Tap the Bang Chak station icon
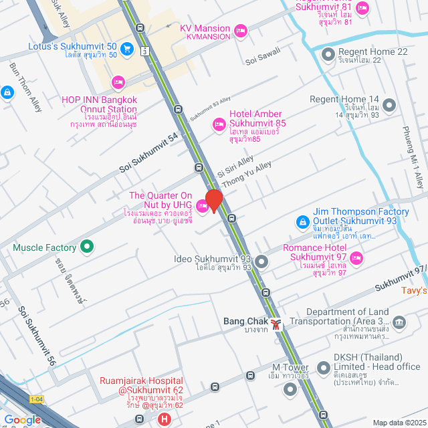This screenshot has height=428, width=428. pyautogui.click(x=276, y=324)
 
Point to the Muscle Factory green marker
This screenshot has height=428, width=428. pyautogui.click(x=86, y=247)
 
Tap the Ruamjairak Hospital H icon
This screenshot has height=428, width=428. pyautogui.click(x=164, y=419)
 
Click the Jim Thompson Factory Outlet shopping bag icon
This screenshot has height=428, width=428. pyautogui.click(x=302, y=220)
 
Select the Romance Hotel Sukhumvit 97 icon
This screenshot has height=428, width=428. pyautogui.click(x=356, y=257)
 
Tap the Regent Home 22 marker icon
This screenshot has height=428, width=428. pyautogui.click(x=328, y=53)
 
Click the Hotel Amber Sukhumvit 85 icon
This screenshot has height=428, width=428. pyautogui.click(x=219, y=124)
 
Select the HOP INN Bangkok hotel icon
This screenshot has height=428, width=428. pyautogui.click(x=118, y=82)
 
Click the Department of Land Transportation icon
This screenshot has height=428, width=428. pyautogui.click(x=399, y=323)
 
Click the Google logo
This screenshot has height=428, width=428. pyautogui.click(x=23, y=419)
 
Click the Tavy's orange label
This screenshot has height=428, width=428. pyautogui.click(x=414, y=290)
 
